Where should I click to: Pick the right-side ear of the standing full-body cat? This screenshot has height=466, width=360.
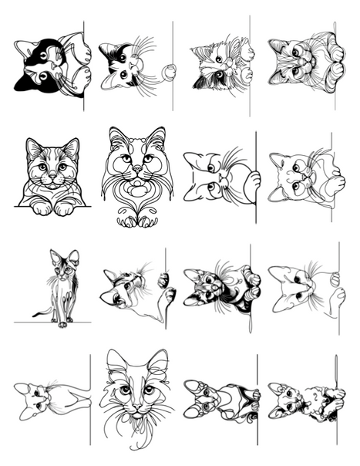point(74,255)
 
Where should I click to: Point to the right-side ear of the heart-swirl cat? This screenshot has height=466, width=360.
point(158,138)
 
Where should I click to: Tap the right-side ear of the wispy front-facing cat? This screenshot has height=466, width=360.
point(158,363)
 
